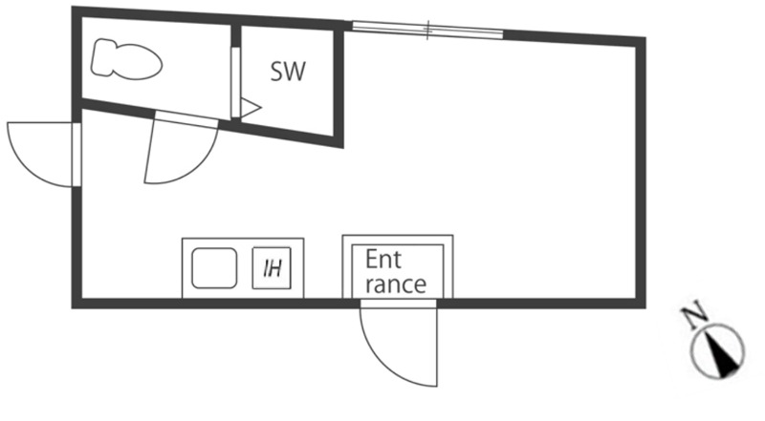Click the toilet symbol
click(x=126, y=58)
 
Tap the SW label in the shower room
click(x=288, y=72)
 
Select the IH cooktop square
click(x=272, y=267)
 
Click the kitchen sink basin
click(x=214, y=268)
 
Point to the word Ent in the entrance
click(x=383, y=260)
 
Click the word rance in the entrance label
click(x=396, y=284)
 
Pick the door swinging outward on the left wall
click(x=44, y=154)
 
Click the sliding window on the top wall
click(x=427, y=30)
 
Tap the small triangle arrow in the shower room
click(x=251, y=108)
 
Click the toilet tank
click(x=102, y=58)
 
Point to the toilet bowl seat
click(x=139, y=61)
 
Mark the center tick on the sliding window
click(x=427, y=30)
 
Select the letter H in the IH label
click(x=275, y=268)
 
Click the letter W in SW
click(x=295, y=72)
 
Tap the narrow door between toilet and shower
click(x=235, y=82)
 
